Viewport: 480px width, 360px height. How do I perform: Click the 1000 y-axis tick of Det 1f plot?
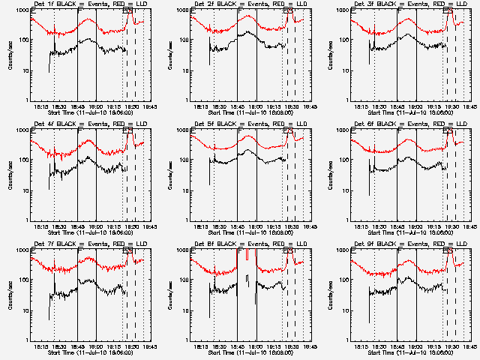coord(22,10)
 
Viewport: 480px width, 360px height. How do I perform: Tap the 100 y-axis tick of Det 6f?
coord(344,160)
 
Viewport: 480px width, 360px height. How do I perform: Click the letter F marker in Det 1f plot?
coord(81,13)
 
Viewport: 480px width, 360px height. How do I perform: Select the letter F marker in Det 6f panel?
coord(401,133)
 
